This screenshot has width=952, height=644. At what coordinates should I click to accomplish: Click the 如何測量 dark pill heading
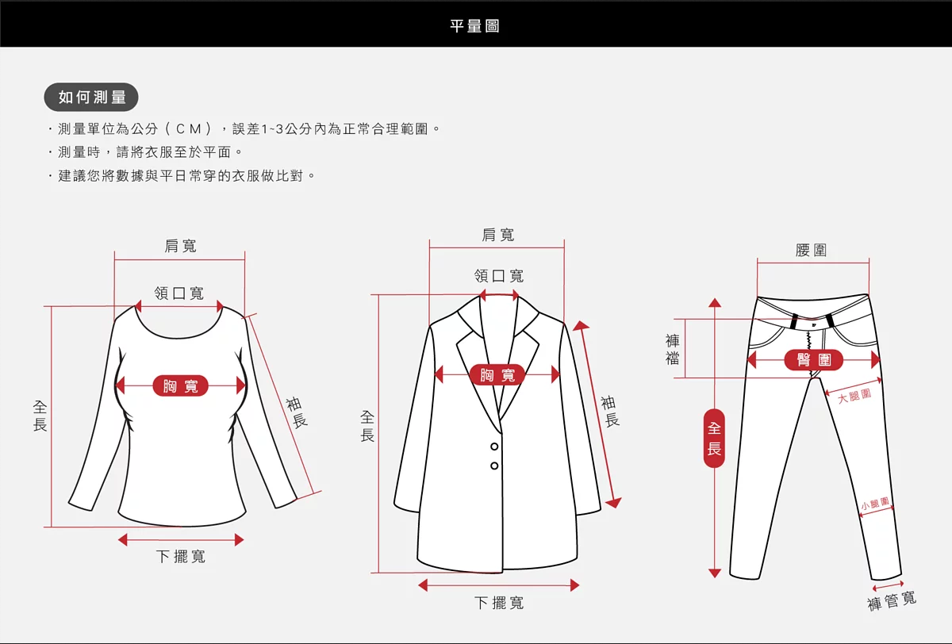coord(91,97)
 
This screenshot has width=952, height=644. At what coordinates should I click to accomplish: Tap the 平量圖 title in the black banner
coord(474,26)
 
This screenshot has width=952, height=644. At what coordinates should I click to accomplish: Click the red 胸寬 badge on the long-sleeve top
coord(181,385)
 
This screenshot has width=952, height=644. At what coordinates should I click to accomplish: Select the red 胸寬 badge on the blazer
coord(497,374)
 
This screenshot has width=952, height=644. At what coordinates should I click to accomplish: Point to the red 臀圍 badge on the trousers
coord(813,360)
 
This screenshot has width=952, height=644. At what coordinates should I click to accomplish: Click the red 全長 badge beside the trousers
coord(715,438)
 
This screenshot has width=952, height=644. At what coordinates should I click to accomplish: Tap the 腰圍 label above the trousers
coord(812,250)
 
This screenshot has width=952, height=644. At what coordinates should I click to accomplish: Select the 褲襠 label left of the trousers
coord(673,350)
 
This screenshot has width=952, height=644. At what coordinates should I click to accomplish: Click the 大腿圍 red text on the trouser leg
coord(854,396)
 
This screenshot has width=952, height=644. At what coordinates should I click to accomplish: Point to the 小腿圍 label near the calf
coord(875,504)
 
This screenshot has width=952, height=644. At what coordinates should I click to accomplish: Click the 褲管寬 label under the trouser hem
coord(892,600)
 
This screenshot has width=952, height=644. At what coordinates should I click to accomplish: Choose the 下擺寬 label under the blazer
coord(499,603)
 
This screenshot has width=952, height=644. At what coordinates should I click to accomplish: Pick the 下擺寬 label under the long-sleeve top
coord(181,556)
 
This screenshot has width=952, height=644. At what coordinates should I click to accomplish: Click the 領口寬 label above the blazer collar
coord(499,276)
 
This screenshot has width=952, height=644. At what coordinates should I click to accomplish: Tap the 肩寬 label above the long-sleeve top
coord(181,246)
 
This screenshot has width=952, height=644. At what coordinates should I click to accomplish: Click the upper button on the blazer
coord(494,447)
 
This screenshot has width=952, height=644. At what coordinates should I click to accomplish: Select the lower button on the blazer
coord(494,466)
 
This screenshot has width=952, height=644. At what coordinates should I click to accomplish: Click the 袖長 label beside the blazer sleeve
coord(610,411)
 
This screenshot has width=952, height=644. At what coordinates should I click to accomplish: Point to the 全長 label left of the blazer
coord(367,426)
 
